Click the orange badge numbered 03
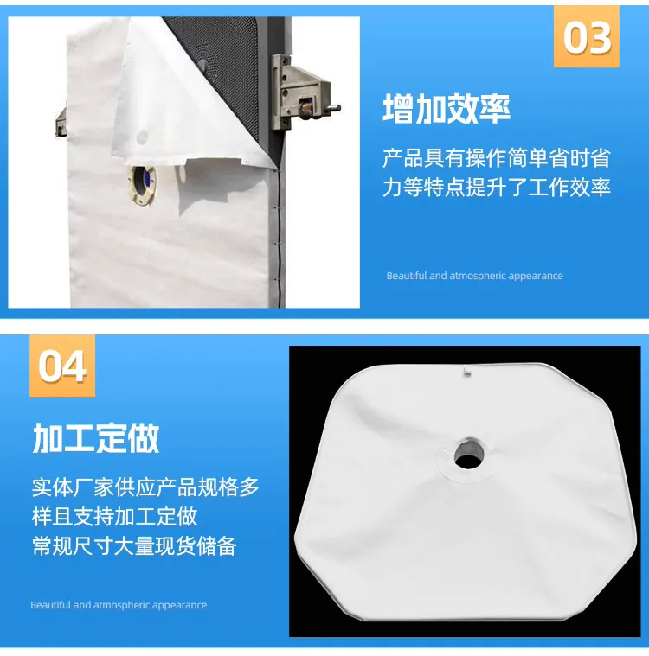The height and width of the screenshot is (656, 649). click(586, 36)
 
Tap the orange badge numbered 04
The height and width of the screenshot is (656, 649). click(62, 366)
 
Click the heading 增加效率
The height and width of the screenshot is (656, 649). click(447, 109)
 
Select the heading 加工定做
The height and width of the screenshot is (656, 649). click(96, 438)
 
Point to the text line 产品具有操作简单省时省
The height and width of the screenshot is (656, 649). click(497, 158)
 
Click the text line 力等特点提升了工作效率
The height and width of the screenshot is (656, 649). click(497, 188)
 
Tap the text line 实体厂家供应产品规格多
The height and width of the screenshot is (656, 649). click(145, 487)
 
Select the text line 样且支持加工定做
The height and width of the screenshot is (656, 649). click(115, 517)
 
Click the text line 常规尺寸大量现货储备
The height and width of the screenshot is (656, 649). click(134, 546)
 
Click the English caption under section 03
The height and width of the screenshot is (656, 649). click(475, 276)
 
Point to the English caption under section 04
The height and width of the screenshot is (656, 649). click(119, 605)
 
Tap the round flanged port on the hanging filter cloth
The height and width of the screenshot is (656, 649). click(143, 186)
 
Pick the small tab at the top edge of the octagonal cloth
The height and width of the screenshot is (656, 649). click(466, 372)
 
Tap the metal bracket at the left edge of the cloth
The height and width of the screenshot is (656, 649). click(61, 122)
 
